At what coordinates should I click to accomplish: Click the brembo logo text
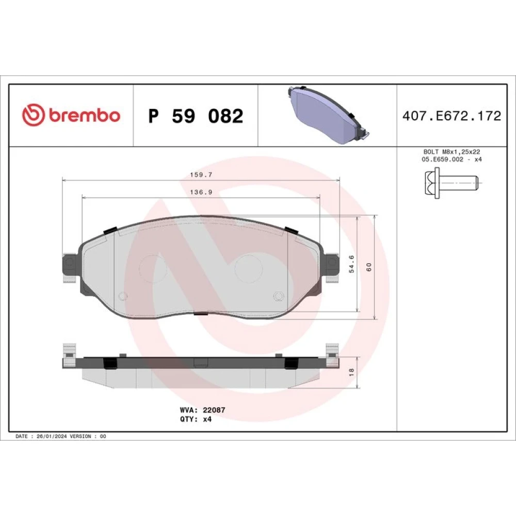tap(85, 115)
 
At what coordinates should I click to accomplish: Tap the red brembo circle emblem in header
tap(33, 115)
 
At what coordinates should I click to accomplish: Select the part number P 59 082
tap(196, 116)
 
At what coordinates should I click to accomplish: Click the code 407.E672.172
tap(451, 116)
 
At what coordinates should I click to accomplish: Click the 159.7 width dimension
tap(201, 175)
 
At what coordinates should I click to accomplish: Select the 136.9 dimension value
tap(201, 192)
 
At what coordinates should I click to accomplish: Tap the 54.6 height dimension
tap(351, 264)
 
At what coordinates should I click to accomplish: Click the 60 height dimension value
tap(368, 267)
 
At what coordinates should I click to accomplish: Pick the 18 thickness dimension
tap(351, 372)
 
